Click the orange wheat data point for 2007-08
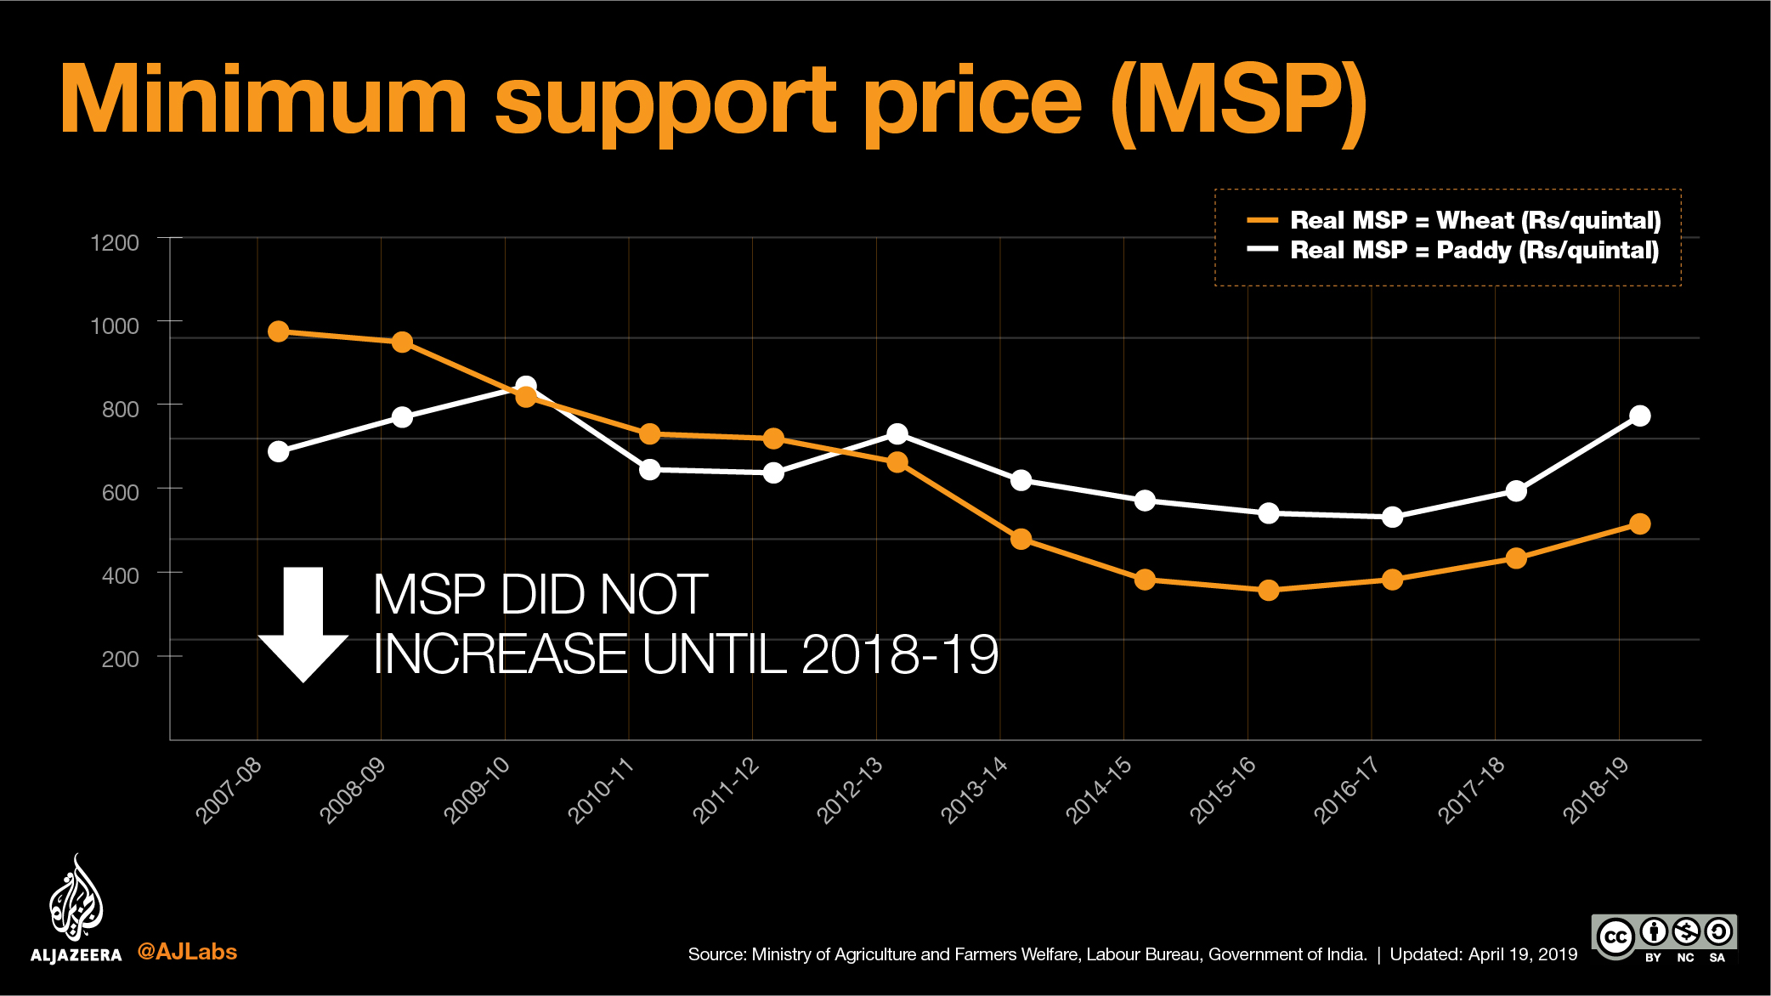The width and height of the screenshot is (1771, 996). [x=279, y=331]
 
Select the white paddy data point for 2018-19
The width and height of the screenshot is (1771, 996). [x=1640, y=416]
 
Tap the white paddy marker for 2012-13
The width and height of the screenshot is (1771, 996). [x=897, y=434]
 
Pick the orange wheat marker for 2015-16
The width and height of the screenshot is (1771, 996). [x=1269, y=590]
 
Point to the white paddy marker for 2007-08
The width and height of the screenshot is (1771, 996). [x=279, y=451]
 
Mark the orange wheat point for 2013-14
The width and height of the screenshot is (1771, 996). [x=1021, y=539]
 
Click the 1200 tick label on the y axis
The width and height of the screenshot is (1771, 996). [x=115, y=243]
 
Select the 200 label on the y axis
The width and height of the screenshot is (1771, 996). [x=120, y=659]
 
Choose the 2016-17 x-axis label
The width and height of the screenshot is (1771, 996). [x=1347, y=790]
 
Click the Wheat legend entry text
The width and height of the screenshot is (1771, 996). [x=1474, y=221]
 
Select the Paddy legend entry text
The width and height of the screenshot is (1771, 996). [x=1474, y=251]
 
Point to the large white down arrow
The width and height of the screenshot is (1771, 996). [x=303, y=625]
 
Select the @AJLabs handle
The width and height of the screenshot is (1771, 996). [x=187, y=952]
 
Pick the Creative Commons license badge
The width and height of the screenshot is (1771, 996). [x=1664, y=938]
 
